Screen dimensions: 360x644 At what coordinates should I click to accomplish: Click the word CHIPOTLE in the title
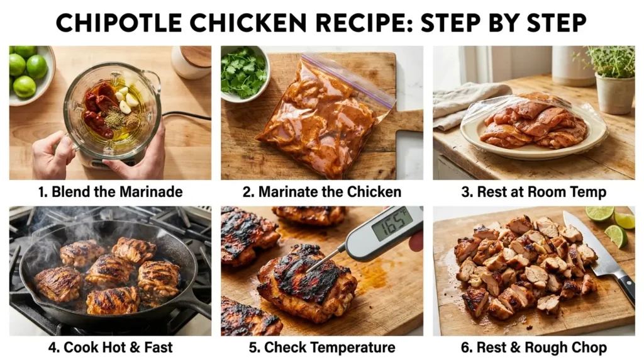119,24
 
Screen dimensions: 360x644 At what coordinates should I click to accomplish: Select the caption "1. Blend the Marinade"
109,191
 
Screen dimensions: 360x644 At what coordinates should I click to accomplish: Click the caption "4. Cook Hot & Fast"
109,347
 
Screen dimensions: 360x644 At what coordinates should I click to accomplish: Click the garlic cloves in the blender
131,101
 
